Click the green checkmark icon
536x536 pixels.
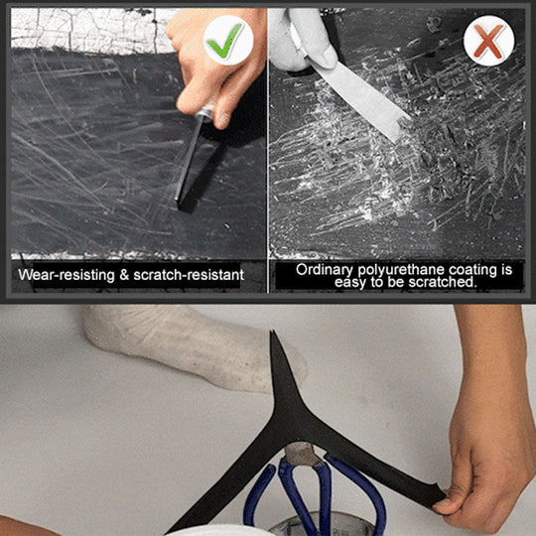coord(228,40)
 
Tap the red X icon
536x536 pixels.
coord(487,42)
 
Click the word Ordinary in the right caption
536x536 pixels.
coord(326,269)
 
